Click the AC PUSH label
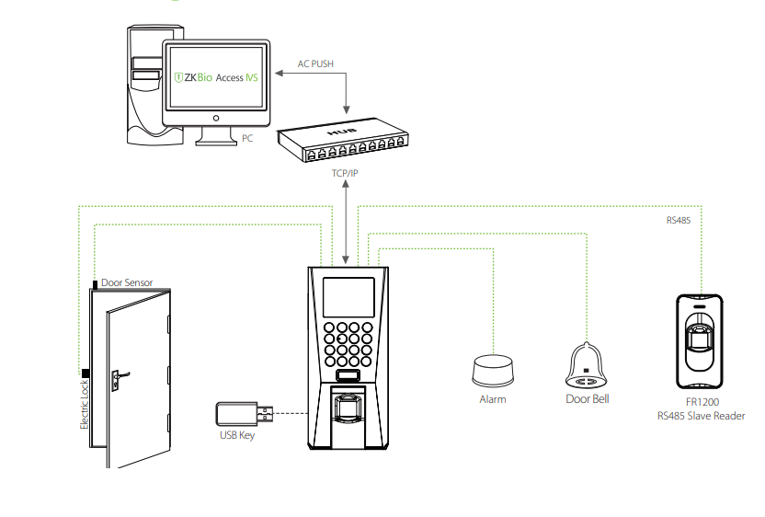pyautogui.click(x=315, y=64)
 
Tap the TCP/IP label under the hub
pyautogui.click(x=346, y=172)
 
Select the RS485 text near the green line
pyautogui.click(x=679, y=221)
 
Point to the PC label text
pyautogui.click(x=247, y=138)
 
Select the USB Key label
pyautogui.click(x=236, y=435)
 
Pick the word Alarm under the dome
pyautogui.click(x=493, y=399)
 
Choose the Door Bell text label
pyautogui.click(x=587, y=399)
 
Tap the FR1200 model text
pyautogui.click(x=702, y=403)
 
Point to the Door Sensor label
pyautogui.click(x=127, y=282)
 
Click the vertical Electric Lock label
pyautogui.click(x=84, y=405)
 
